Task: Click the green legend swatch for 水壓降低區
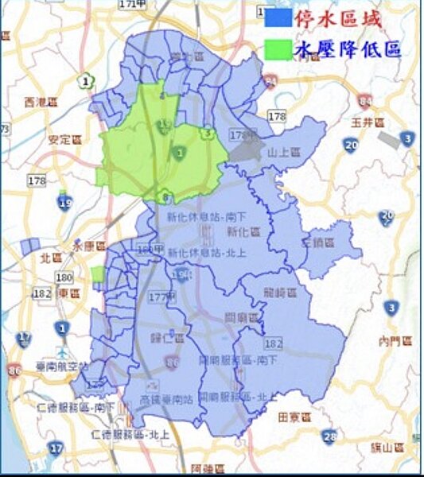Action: [x=279, y=49]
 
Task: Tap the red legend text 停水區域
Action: [x=337, y=17]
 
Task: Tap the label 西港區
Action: [x=41, y=102]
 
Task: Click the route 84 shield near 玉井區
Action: [x=365, y=102]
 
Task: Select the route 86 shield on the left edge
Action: [x=14, y=370]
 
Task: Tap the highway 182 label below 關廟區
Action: [x=274, y=344]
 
